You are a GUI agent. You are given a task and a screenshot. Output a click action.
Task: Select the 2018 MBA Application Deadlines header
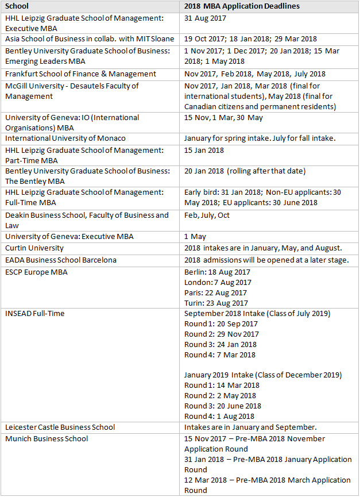click(x=242, y=6)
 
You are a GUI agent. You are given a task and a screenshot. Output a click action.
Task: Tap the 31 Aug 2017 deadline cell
click(x=205, y=18)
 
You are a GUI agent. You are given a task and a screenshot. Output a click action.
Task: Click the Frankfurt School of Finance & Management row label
click(x=80, y=74)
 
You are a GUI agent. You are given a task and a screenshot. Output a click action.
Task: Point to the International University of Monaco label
click(x=65, y=138)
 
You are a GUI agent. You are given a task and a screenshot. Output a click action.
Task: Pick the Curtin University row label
click(x=34, y=248)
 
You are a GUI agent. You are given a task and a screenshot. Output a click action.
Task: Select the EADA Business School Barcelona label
click(x=61, y=260)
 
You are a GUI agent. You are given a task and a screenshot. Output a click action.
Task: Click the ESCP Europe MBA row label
click(x=37, y=272)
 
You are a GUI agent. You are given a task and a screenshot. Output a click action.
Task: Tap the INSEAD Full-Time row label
click(x=35, y=313)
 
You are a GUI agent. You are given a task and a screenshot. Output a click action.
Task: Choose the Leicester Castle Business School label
click(x=60, y=427)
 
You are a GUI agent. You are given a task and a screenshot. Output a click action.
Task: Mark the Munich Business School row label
click(x=47, y=438)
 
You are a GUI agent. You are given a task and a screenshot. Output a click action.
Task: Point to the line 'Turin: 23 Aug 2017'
click(x=216, y=303)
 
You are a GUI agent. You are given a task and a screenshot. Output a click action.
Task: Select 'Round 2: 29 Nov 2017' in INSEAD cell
click(x=221, y=334)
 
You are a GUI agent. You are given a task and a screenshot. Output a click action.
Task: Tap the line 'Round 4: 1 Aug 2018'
click(x=219, y=416)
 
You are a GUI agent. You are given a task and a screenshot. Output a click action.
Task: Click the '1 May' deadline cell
click(x=195, y=236)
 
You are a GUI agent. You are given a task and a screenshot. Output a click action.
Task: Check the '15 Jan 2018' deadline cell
click(x=204, y=150)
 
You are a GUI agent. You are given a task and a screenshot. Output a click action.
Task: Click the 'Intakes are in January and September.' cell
click(x=251, y=427)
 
